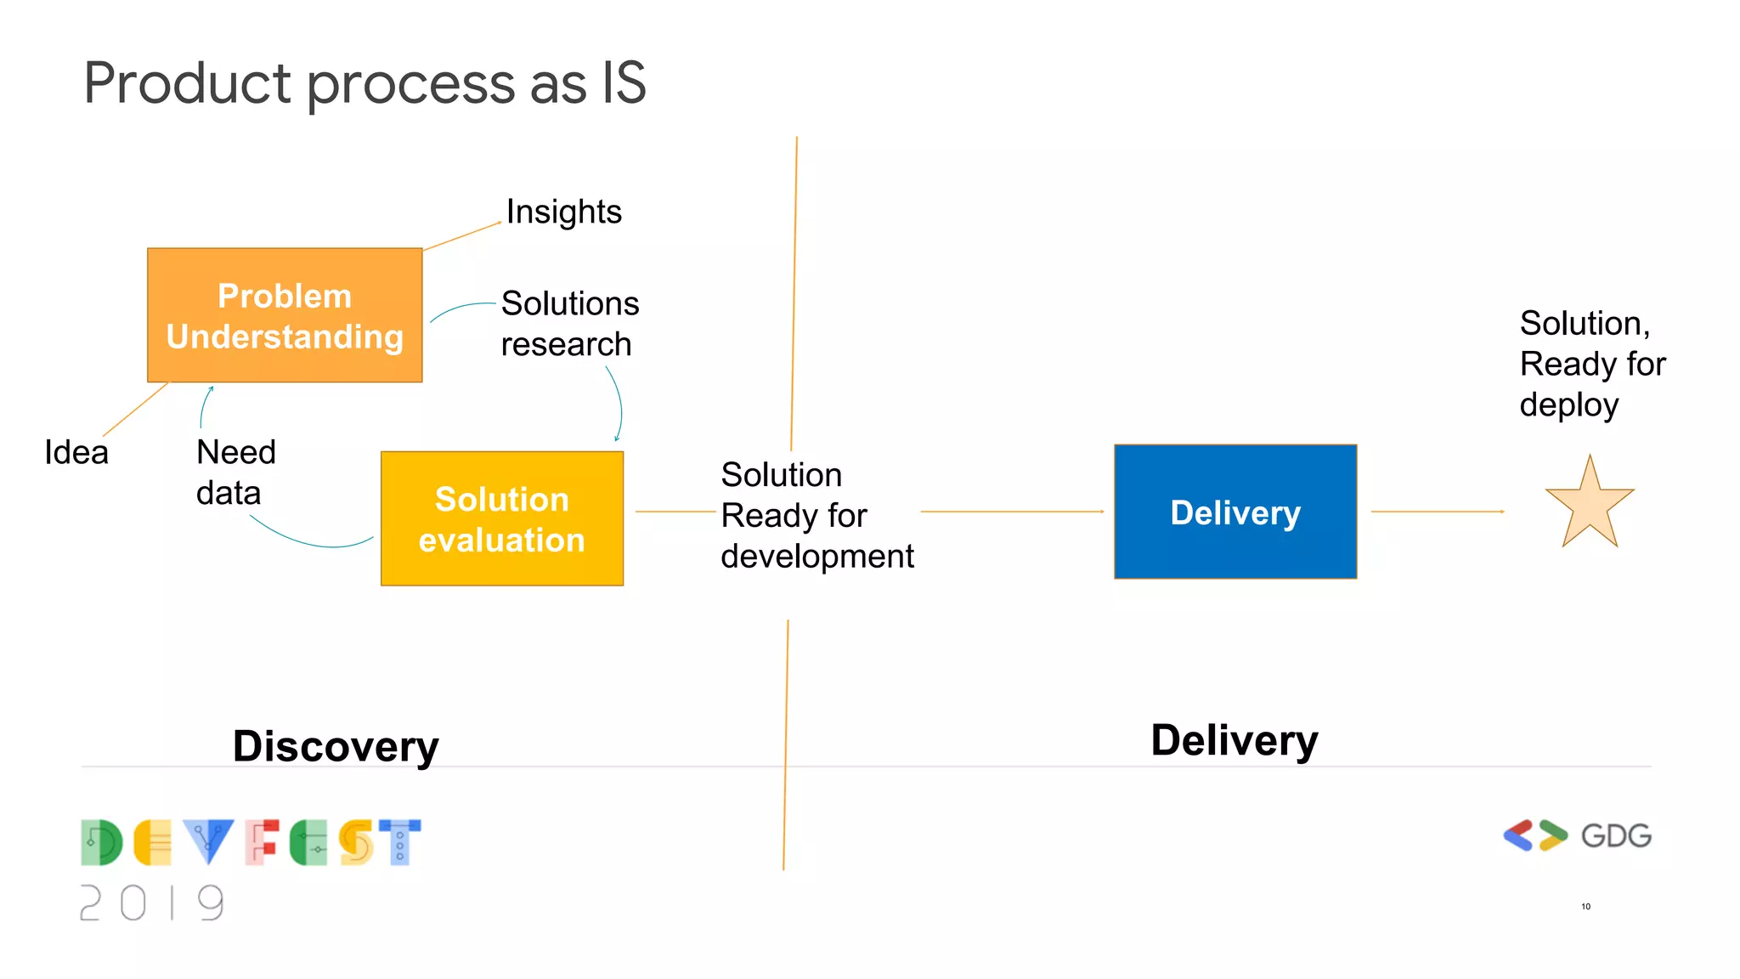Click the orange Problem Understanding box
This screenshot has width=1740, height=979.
pos(285,315)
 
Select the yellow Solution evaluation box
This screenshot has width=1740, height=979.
pos(501,518)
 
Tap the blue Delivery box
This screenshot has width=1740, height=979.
pos(1234,512)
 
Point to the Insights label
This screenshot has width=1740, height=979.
pos(563,212)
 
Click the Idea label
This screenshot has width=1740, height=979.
pos(76,452)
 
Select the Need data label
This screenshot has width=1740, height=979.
pos(235,473)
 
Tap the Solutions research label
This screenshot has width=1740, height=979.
pos(568,324)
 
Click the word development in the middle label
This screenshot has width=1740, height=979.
pos(816,557)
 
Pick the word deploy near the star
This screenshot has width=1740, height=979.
pos(1568,405)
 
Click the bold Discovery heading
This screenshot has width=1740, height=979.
pos(336,746)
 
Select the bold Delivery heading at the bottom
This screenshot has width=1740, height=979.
pos(1234,740)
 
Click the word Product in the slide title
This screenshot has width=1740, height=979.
pos(187,83)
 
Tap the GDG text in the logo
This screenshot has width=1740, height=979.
pos(1615,836)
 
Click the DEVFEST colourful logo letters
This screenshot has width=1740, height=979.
pos(251,842)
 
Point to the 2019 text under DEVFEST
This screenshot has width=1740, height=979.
pos(153,903)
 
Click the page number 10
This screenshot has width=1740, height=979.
pos(1585,907)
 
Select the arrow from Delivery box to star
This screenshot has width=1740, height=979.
pos(1437,512)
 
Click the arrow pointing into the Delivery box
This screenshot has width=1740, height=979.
pos(1011,512)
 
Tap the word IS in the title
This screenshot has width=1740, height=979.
pos(624,83)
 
